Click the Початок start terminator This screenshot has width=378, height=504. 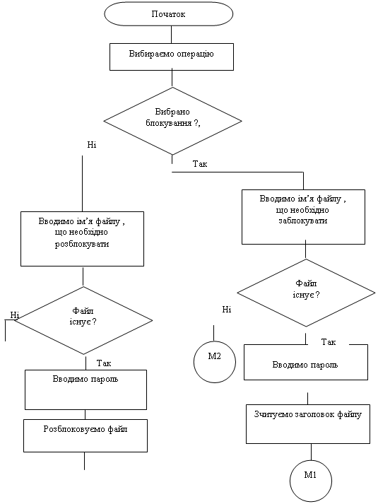pos(169,14)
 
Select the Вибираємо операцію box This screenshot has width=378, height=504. pos(172,57)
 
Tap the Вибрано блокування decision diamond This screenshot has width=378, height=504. pos(172,121)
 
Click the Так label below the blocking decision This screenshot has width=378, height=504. pos(200,164)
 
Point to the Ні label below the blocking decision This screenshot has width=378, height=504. pos(92,145)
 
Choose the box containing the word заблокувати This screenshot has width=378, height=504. pos(303,217)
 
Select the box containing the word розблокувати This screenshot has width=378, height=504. pos(82,239)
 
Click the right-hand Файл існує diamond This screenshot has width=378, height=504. pos(306,293)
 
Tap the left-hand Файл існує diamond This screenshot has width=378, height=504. pos(83,320)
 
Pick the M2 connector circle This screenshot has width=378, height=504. pos(215,362)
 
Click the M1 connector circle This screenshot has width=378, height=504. pos(311,481)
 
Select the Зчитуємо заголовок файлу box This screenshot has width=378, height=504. pos(308,424)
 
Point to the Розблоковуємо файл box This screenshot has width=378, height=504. pos(85,435)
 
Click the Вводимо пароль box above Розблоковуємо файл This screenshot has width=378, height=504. pos(85,389)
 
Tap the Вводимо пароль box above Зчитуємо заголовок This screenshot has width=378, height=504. pos(306,362)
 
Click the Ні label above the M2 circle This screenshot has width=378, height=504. pos(226,310)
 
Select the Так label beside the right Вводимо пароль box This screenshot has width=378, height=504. pos(329,342)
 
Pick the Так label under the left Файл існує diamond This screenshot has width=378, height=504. pos(104,363)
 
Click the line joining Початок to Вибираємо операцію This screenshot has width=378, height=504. pos(171,35)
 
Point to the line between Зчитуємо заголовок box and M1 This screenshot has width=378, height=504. pos(311,452)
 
